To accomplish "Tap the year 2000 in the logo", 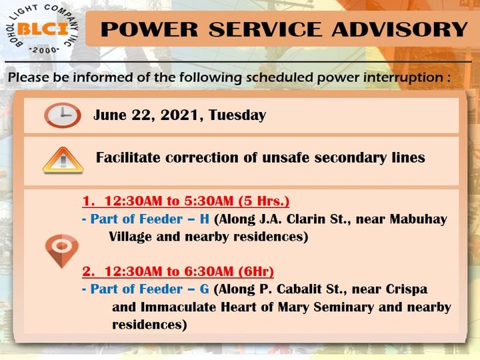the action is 44,50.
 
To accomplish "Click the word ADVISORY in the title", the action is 399,29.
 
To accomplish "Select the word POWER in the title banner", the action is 149,29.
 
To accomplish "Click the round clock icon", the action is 63,115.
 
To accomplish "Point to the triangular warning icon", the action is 63,160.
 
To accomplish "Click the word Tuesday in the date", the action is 237,115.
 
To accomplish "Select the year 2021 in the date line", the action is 179,115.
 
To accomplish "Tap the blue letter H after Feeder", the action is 205,219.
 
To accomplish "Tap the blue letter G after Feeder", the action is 205,289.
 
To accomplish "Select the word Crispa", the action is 407,289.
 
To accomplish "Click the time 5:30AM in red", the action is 209,201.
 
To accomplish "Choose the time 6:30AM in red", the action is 209,271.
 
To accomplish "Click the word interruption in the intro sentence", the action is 403,77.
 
